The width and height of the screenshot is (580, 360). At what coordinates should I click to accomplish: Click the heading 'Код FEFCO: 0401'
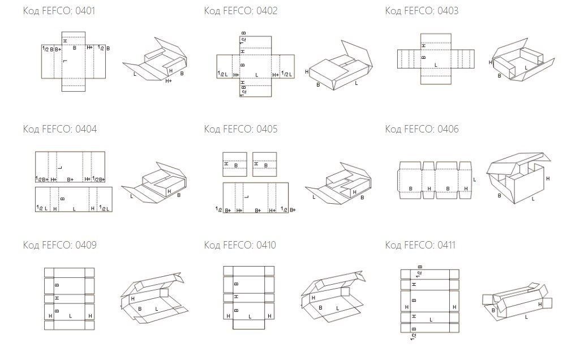pyautogui.click(x=59, y=11)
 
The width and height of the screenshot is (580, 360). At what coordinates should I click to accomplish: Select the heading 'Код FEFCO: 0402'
pyautogui.click(x=240, y=11)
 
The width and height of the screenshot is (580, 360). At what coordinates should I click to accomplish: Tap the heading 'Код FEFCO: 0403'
pyautogui.click(x=422, y=11)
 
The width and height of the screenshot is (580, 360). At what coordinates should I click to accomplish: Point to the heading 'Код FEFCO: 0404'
pyautogui.click(x=59, y=129)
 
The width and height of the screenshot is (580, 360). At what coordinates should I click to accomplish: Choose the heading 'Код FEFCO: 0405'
pyautogui.click(x=240, y=129)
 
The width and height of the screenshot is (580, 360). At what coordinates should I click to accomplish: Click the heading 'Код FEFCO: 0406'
pyautogui.click(x=422, y=129)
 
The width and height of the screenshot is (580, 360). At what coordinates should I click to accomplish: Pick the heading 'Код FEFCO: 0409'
pyautogui.click(x=59, y=245)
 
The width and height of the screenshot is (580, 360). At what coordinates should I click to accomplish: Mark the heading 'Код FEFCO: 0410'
pyautogui.click(x=240, y=245)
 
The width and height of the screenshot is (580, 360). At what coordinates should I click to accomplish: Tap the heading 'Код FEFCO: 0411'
pyautogui.click(x=422, y=245)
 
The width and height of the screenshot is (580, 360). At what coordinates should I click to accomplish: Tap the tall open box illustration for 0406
pyautogui.click(x=519, y=178)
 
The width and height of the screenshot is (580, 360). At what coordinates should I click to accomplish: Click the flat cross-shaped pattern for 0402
pyautogui.click(x=257, y=65)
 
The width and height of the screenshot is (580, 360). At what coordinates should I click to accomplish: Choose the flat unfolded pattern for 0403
pyautogui.click(x=436, y=58)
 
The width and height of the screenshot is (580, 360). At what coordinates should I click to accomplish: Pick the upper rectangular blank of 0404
pyautogui.click(x=70, y=168)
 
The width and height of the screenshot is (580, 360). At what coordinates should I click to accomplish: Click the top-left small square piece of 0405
pyautogui.click(x=234, y=164)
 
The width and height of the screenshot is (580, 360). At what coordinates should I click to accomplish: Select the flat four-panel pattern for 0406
pyautogui.click(x=435, y=180)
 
